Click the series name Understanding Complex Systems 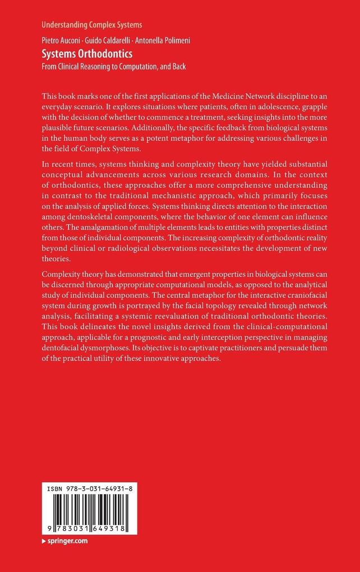[91, 25]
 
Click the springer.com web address [67, 541]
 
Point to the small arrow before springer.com [44, 541]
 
